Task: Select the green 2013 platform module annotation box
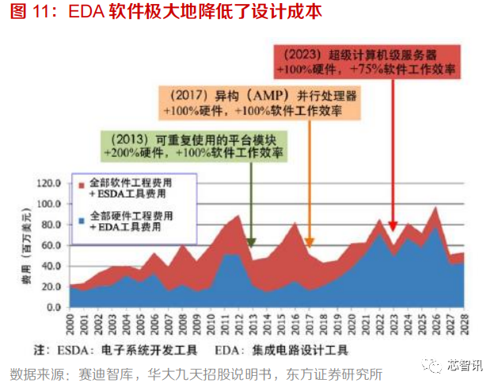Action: [x=195, y=142]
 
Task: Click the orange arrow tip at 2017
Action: [x=310, y=244]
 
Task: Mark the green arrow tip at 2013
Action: [x=250, y=244]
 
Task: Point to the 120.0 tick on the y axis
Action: [x=48, y=183]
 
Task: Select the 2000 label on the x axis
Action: [x=70, y=324]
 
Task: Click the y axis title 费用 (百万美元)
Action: [x=25, y=245]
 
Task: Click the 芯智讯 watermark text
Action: [x=463, y=366]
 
